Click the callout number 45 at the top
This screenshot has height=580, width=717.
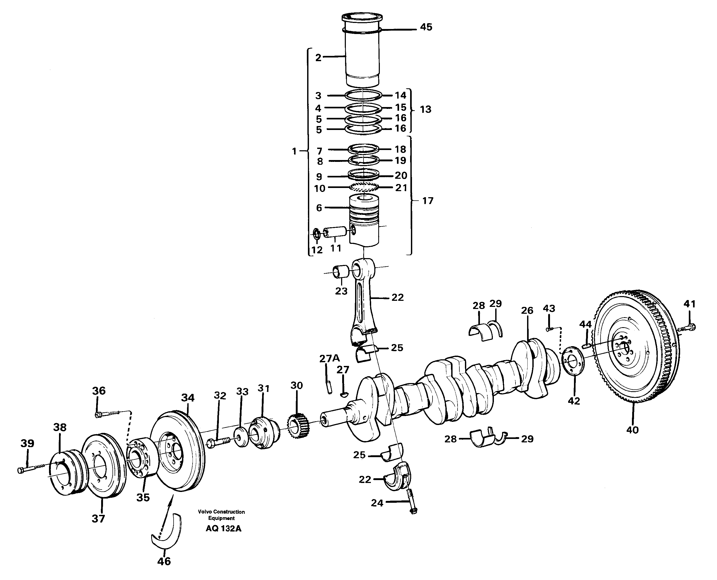point(426,27)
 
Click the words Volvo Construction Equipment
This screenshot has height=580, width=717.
point(221,515)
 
